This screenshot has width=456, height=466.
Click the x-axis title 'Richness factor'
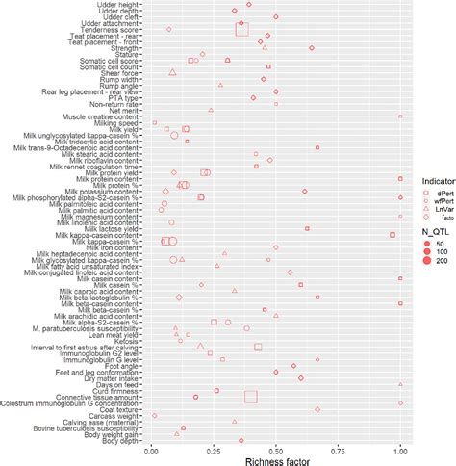pyautogui.click(x=275, y=459)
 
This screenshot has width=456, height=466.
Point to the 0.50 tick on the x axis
pyautogui.click(x=276, y=448)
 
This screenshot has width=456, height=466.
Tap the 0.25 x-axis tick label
pyautogui.click(x=213, y=448)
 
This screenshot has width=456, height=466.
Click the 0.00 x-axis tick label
pyautogui.click(x=151, y=448)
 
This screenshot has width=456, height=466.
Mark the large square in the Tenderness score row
pyautogui.click(x=241, y=30)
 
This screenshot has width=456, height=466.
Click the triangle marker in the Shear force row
pyautogui.click(x=172, y=72)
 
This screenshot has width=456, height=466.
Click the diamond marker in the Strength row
pyautogui.click(x=311, y=47)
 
